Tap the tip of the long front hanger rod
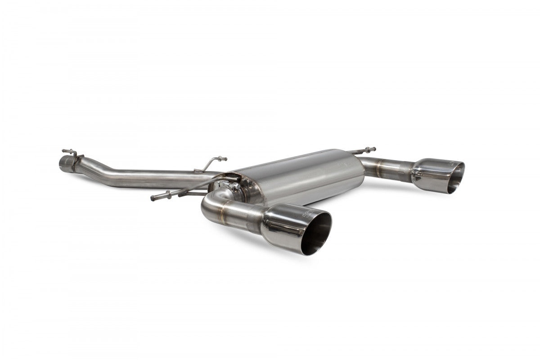(x=153, y=198)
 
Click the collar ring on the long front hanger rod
(x=169, y=194)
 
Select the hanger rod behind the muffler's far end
(x=362, y=150)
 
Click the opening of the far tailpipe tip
(x=455, y=177)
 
